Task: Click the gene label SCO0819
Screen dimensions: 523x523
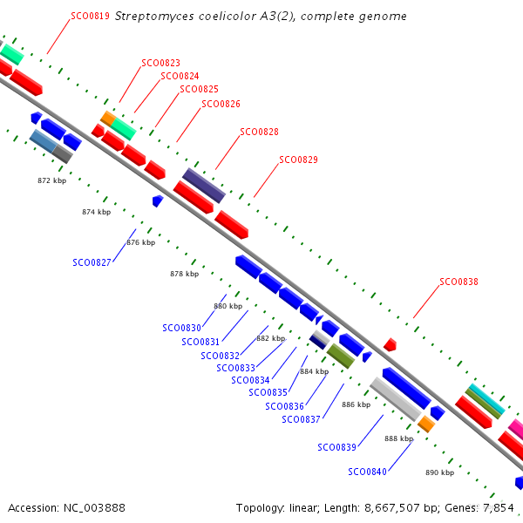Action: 90,16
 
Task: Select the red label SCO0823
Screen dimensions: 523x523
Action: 161,63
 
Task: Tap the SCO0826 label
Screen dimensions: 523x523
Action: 221,105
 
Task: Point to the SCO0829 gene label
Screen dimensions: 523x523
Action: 298,160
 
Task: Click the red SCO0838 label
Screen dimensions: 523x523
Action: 458,282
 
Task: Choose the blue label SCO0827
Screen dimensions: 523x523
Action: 92,261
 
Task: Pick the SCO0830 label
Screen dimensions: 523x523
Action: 181,329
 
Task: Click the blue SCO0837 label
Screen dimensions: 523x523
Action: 302,420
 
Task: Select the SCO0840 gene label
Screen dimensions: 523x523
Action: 367,472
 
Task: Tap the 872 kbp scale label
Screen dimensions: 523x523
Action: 52,181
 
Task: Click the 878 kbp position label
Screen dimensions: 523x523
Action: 184,274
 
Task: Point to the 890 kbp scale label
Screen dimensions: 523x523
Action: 439,472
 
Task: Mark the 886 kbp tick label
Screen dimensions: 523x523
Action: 356,404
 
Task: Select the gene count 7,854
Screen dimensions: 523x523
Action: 499,507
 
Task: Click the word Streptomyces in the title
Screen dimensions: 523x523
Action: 151,16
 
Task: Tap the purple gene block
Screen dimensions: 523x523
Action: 204,186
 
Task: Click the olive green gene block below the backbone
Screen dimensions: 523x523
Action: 340,356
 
